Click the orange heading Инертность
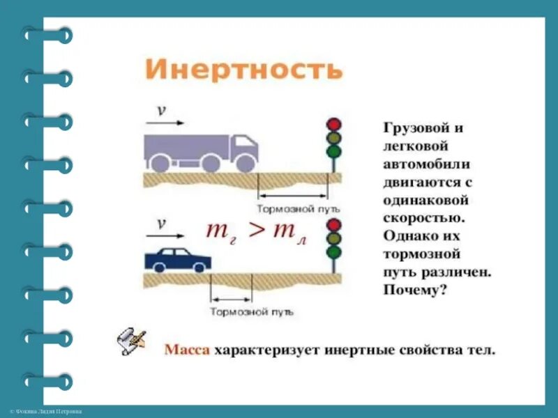(x=243, y=70)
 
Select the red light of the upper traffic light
(x=334, y=124)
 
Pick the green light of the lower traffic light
(x=334, y=252)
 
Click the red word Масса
(x=187, y=349)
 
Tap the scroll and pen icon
(x=132, y=342)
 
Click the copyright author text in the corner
(x=45, y=412)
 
